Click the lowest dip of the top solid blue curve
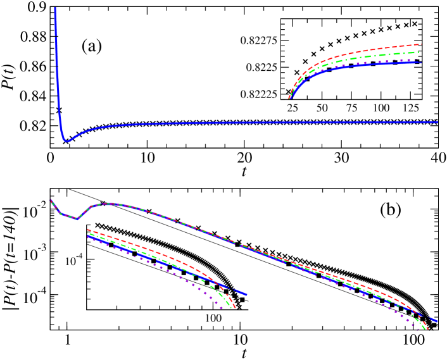point(67,141)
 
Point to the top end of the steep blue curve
point(55,9)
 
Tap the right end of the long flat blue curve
point(437,121)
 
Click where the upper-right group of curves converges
point(290,97)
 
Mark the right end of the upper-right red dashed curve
point(421,44)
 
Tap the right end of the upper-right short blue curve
point(421,62)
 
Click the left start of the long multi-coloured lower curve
point(51,200)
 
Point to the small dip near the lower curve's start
point(77,219)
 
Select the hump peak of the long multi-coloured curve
point(110,204)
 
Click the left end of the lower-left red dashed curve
point(87,229)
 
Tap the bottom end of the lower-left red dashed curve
point(235,308)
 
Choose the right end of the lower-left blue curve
point(246,294)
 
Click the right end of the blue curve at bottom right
point(436,321)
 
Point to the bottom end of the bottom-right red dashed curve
point(429,330)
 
